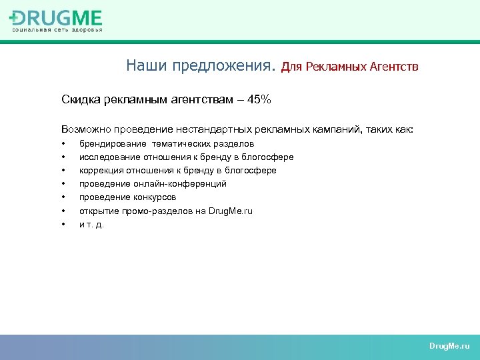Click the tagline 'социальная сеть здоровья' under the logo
(x=56, y=29)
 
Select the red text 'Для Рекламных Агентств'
(x=350, y=67)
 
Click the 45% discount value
(x=259, y=100)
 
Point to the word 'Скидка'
(x=79, y=100)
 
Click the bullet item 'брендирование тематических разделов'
(x=166, y=143)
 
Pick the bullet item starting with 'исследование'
(x=186, y=157)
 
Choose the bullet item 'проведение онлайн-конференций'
(x=153, y=183)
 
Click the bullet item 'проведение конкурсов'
(x=127, y=197)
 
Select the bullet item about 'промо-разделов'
(x=166, y=211)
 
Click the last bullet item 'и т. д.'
(x=91, y=224)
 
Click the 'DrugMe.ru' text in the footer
(x=449, y=347)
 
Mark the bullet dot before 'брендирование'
(x=63, y=144)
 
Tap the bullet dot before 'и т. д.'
(x=63, y=225)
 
